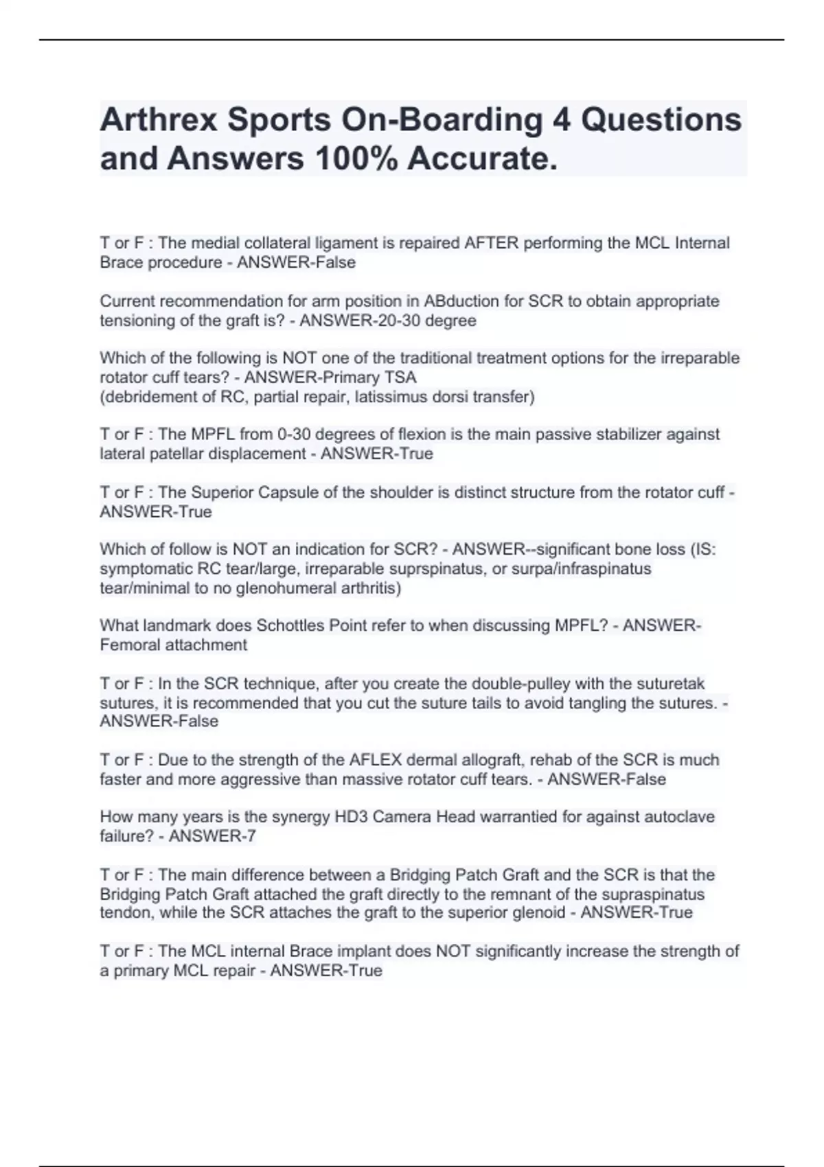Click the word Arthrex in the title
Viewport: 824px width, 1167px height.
coord(159,119)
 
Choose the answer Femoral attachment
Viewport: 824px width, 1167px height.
coord(174,645)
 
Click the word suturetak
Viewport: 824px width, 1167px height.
coord(672,684)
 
